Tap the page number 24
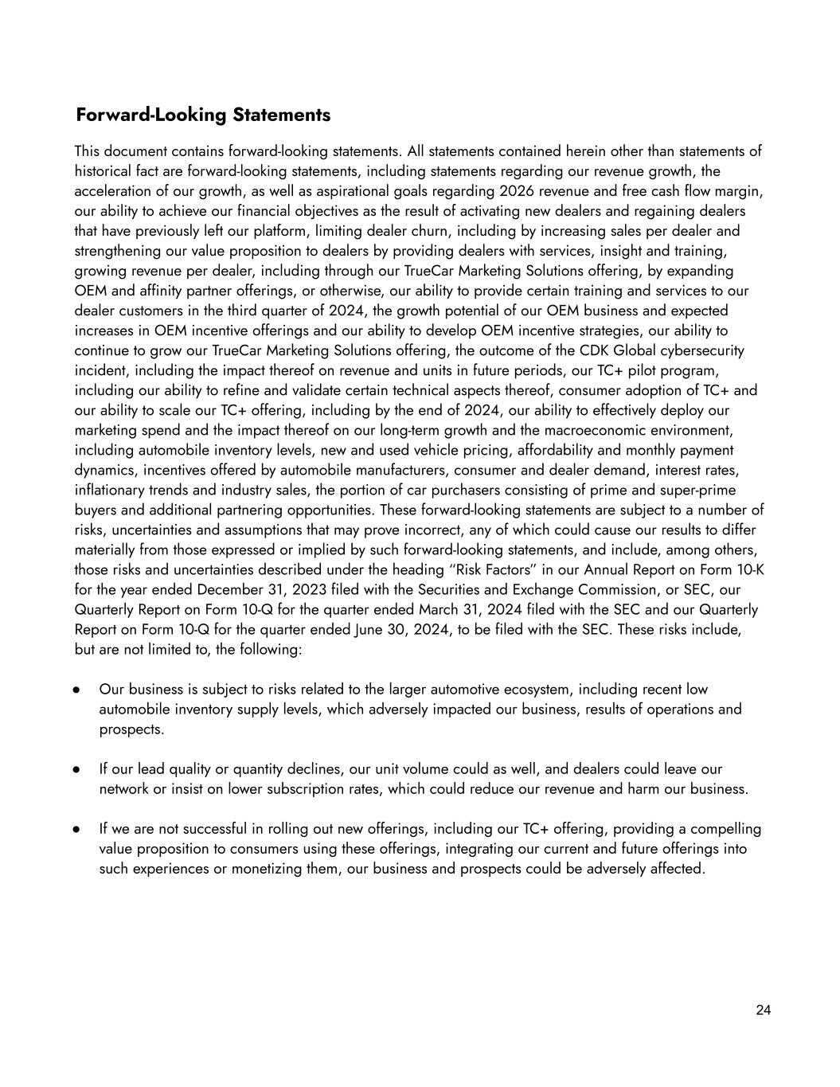[763, 1011]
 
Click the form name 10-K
[748, 569]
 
